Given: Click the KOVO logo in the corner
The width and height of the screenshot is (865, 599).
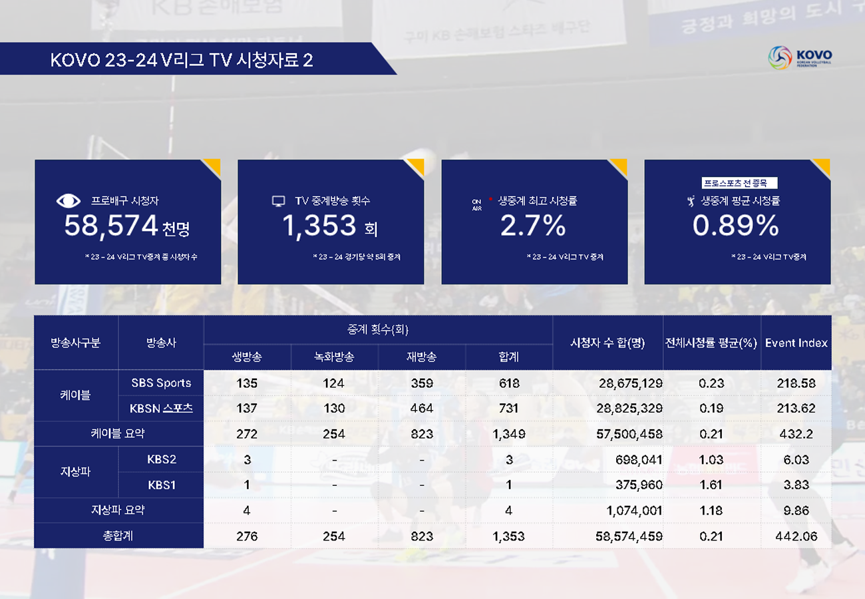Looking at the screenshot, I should pos(799,57).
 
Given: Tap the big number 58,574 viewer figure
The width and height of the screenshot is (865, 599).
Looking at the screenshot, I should pos(110,226).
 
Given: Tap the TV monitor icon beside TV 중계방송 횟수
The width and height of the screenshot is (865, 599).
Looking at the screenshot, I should pos(279,201).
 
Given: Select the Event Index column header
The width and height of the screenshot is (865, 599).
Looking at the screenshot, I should pos(796,343).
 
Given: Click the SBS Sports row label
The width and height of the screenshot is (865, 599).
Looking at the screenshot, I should pos(161,383).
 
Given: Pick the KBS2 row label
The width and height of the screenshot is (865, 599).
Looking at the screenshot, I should pos(161,459).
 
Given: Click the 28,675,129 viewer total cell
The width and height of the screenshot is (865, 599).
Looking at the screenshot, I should pos(630,383).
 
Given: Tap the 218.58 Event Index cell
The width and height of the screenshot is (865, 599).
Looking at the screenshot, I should pos(796,383).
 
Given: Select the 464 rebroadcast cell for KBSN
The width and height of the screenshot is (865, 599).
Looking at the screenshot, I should pos(421,408).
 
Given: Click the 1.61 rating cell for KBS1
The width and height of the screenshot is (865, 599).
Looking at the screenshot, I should pos(711,485).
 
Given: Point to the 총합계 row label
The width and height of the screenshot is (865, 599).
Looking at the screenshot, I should pos(118,536).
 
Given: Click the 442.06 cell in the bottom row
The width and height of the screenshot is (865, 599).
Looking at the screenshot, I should pos(796,536).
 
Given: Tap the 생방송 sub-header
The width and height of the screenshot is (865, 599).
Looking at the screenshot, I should pos(247,357).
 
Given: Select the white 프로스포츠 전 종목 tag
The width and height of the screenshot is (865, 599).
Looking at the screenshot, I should pos(739,183).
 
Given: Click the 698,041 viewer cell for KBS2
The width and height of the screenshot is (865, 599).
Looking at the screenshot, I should pos(637,459).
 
